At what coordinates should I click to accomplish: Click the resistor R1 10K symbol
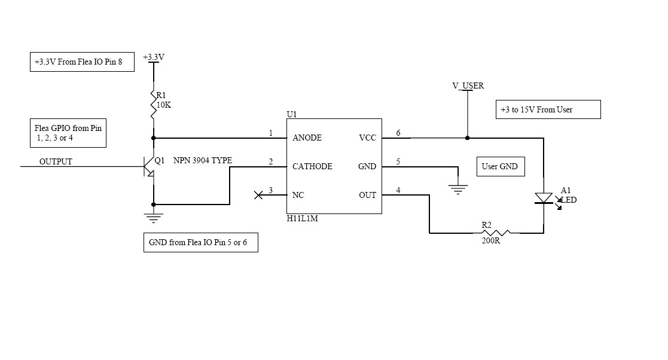point(154,104)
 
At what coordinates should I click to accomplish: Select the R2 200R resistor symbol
point(495,233)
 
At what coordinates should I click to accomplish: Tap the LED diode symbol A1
point(544,198)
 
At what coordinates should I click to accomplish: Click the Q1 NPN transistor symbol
point(150,166)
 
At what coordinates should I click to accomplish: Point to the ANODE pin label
point(307,138)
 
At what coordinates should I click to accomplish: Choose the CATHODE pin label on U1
point(312,166)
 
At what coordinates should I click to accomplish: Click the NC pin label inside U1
point(297,195)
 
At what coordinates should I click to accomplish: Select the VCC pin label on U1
point(367,138)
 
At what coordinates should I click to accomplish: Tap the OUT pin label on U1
point(367,195)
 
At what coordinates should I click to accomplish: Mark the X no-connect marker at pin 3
point(258,195)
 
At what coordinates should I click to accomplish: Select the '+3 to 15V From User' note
point(548,110)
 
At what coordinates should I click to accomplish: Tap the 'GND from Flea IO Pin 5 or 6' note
point(200,243)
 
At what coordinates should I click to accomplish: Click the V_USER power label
point(468,86)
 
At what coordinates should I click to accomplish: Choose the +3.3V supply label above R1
point(154,57)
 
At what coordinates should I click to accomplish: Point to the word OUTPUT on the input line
point(56,161)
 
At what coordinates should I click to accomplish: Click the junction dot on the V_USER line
point(468,138)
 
